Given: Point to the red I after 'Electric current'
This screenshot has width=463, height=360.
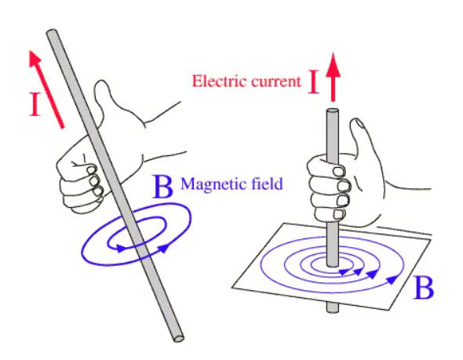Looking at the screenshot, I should click(314, 81).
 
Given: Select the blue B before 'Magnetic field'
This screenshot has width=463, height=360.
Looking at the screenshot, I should click(163, 187).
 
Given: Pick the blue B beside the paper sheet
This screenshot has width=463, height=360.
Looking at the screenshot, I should click(425, 289).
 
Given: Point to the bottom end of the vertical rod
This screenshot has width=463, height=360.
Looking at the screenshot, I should click(334, 308).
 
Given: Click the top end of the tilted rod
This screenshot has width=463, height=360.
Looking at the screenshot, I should click(53, 34).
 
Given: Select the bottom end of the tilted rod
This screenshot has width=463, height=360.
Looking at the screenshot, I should click(178, 336).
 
